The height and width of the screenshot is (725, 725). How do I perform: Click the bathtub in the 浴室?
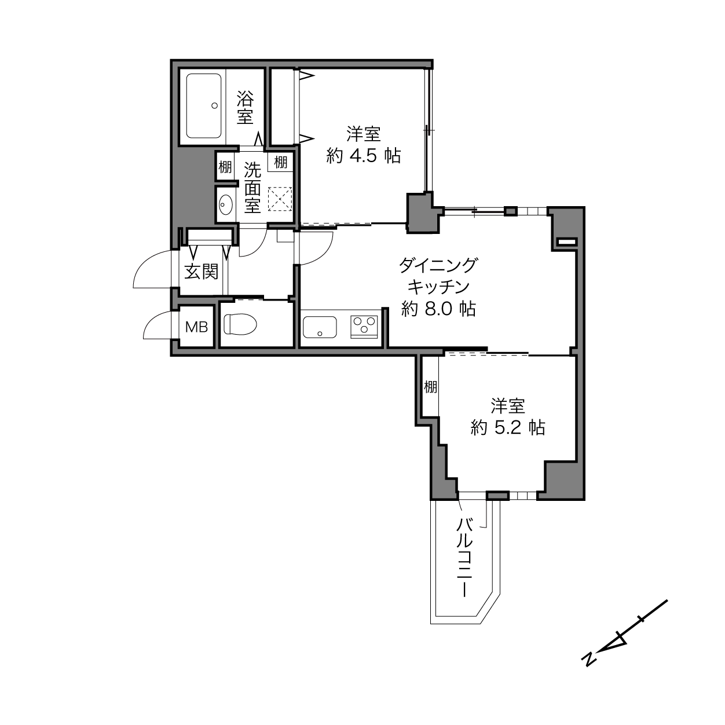point(203,106)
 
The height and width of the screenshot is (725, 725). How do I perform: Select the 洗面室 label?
point(252,188)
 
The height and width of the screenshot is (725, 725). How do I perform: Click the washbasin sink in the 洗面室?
point(226,204)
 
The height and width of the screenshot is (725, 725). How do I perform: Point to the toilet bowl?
point(240,324)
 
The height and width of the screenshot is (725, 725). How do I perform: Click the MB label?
point(196,327)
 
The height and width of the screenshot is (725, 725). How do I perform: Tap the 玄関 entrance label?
point(202,272)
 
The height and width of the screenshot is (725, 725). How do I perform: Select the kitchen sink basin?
point(320,327)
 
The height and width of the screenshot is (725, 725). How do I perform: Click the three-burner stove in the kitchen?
point(364,327)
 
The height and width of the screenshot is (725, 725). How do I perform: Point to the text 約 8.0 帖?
point(438,309)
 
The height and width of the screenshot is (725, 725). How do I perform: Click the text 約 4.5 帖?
point(364,155)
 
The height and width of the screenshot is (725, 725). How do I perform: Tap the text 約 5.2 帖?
point(507,427)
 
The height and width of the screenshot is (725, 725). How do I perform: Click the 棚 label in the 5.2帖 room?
point(431,386)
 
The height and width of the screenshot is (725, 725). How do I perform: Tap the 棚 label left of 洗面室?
point(225,167)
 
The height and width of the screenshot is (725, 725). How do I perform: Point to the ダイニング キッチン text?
point(438,276)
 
